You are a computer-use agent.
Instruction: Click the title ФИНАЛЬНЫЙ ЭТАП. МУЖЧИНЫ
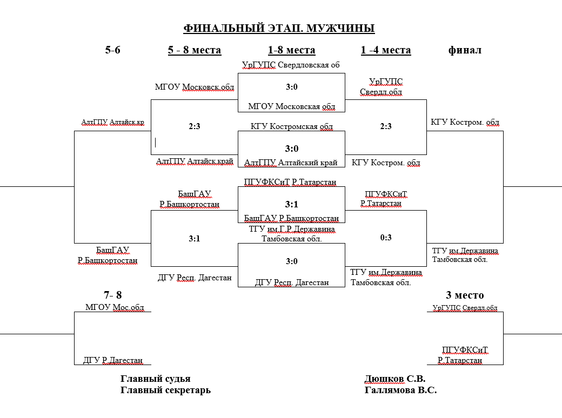click(279, 29)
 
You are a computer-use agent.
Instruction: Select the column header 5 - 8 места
click(195, 50)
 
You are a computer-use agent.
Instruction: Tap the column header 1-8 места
click(291, 50)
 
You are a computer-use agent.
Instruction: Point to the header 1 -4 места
click(386, 50)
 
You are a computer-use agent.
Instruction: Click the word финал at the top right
click(465, 50)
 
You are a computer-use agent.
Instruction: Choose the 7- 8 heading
click(113, 295)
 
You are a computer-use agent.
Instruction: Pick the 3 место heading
click(465, 295)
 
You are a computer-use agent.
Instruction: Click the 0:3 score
click(386, 238)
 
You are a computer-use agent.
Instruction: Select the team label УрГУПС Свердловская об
click(291, 65)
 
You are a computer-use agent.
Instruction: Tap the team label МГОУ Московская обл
click(291, 106)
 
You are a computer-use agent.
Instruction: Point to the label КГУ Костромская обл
click(291, 127)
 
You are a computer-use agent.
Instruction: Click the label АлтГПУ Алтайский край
click(291, 163)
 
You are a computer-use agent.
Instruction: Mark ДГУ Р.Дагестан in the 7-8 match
click(113, 361)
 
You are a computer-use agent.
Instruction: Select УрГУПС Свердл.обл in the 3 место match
click(465, 308)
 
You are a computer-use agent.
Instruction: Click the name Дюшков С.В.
click(395, 379)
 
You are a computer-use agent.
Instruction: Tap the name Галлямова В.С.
click(400, 390)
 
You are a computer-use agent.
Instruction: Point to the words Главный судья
click(155, 379)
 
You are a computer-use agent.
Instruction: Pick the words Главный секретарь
click(165, 390)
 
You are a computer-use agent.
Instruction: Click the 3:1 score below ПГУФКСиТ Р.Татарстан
click(291, 205)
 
